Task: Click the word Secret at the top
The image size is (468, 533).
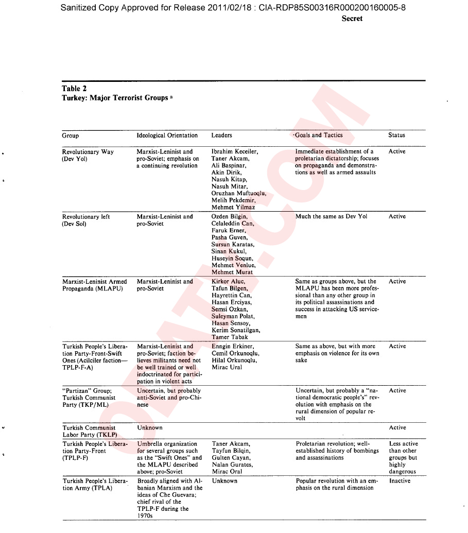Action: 352,19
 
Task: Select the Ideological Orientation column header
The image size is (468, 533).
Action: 167,135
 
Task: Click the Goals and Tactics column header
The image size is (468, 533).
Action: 319,135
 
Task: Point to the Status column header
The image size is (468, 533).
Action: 396,135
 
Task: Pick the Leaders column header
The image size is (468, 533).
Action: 221,135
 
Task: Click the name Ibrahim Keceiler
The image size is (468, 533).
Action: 235,152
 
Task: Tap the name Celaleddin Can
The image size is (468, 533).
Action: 233,224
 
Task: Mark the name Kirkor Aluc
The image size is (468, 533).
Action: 228,282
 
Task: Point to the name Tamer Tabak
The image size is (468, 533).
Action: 230,337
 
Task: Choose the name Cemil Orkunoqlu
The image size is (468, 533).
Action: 235,354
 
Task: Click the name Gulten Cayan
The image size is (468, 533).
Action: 231,458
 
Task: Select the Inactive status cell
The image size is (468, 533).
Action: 400,481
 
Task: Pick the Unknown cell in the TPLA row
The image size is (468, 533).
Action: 224,481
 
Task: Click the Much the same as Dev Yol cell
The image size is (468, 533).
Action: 331,217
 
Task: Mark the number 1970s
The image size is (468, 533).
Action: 145,515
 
